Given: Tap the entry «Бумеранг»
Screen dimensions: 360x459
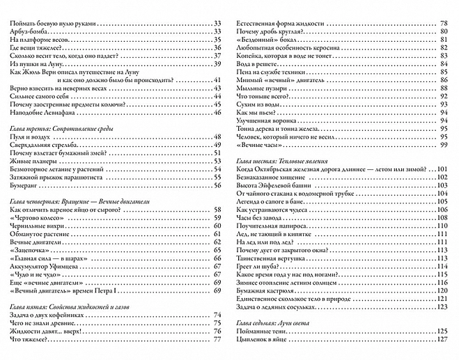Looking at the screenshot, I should coord(28,187).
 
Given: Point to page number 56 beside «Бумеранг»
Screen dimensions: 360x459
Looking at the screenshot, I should coord(217,187).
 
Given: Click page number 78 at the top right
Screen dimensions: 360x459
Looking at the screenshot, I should coord(443,24).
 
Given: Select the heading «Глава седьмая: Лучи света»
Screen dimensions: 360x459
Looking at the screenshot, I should coord(278,324).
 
